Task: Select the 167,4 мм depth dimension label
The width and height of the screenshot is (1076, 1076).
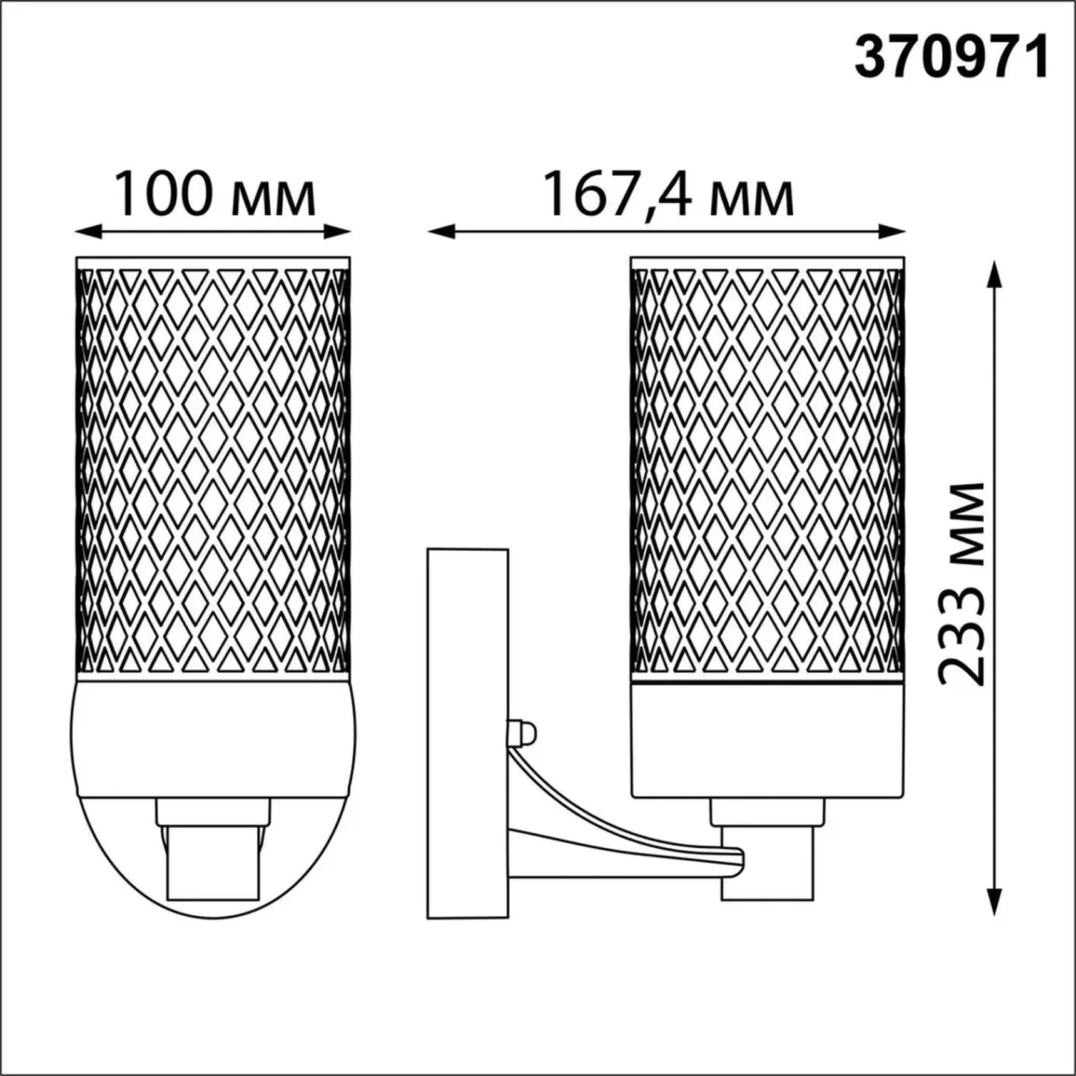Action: click(669, 195)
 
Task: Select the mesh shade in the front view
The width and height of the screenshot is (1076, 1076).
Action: click(213, 469)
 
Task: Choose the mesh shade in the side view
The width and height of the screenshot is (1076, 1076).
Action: click(768, 469)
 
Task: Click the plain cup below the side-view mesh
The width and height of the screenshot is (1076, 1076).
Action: click(768, 741)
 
